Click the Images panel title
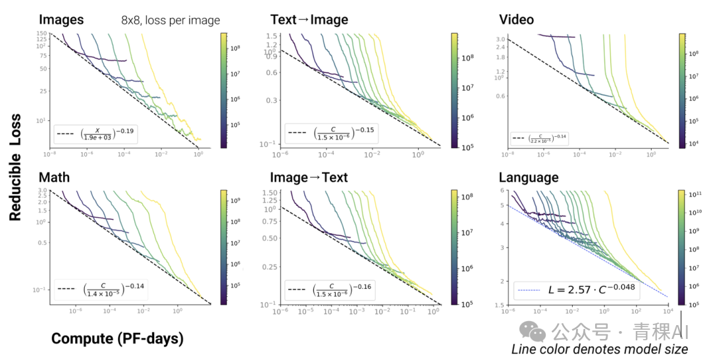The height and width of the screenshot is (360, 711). click(61, 20)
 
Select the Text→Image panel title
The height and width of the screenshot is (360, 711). click(309, 20)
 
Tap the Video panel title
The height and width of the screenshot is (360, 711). click(516, 20)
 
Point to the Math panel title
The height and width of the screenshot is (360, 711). click(54, 178)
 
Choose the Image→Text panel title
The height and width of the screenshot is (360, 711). click(309, 178)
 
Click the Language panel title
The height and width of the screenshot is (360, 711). click(529, 178)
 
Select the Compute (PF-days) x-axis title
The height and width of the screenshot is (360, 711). click(117, 339)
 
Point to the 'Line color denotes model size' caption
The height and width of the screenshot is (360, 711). click(600, 349)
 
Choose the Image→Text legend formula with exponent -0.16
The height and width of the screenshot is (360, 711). click(343, 289)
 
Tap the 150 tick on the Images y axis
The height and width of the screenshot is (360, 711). click(41, 34)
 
